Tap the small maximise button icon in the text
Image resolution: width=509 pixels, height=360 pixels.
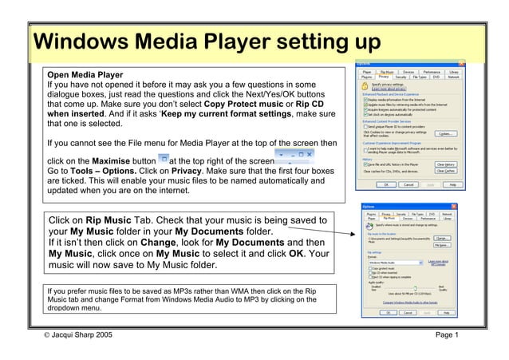163,159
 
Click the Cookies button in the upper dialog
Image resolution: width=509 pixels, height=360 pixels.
447,133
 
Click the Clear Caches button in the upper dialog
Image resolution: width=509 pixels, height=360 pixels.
446,170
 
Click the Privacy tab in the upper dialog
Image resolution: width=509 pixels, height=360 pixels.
384,77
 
